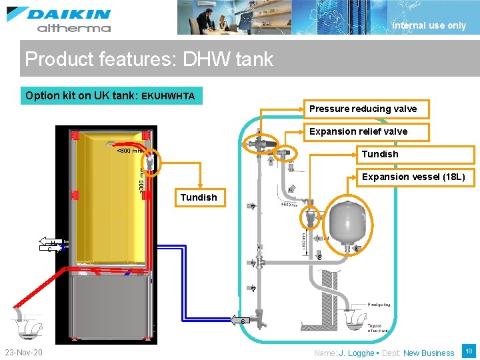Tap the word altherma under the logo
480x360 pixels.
tap(73, 28)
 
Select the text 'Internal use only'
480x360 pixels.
tap(429, 25)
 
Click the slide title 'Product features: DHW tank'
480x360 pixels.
tap(149, 59)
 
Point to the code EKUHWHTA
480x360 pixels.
tap(168, 96)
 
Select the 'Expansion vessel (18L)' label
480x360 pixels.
tap(413, 177)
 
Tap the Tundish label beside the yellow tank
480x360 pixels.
tap(198, 197)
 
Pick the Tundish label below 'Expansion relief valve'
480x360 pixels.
tap(379, 154)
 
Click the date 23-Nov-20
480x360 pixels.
tap(23, 352)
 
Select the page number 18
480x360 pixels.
tap(469, 351)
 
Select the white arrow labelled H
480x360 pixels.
tap(47, 241)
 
